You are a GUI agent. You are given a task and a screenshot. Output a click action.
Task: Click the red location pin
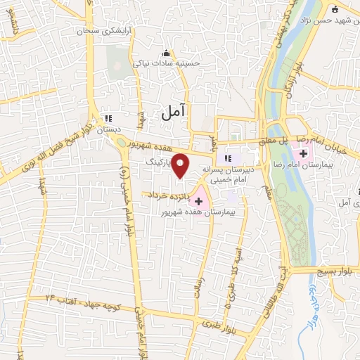[181, 165]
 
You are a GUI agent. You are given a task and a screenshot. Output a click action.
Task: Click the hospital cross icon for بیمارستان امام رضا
[303, 154]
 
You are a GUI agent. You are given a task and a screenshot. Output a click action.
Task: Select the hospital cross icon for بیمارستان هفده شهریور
[198, 201]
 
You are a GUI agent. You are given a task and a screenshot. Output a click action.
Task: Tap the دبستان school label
[109, 129]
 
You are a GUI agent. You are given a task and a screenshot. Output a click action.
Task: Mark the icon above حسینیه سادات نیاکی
[167, 52]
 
